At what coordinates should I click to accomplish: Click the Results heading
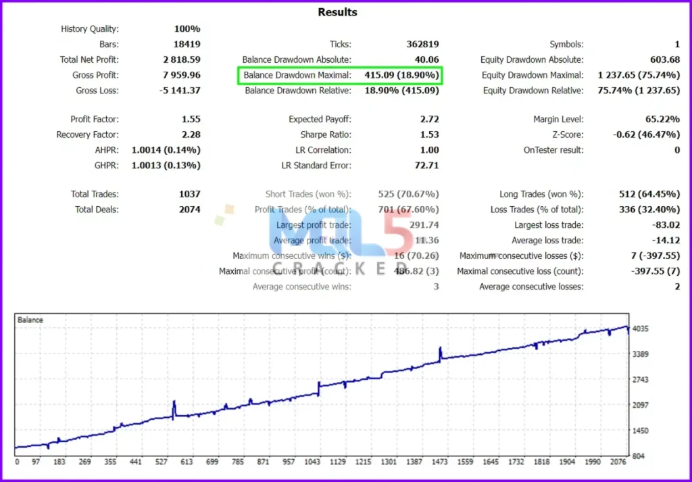click(x=337, y=12)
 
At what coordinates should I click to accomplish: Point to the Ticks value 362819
click(x=420, y=44)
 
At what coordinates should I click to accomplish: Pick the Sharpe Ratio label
click(x=326, y=135)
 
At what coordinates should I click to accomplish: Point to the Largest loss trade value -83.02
click(x=663, y=225)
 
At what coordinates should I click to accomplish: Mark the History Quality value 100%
click(x=187, y=28)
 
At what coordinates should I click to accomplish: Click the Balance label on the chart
click(x=30, y=320)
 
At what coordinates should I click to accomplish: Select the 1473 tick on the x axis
click(x=440, y=462)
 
